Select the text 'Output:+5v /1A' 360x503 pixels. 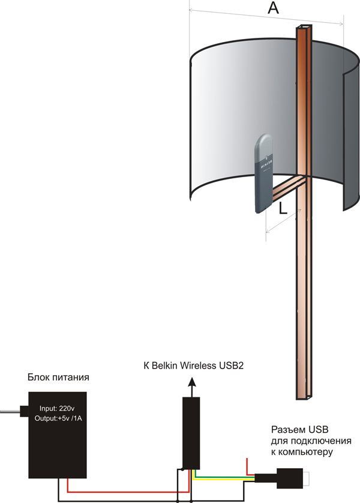point(59,416)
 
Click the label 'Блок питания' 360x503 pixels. point(59,378)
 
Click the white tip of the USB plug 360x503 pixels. point(307,479)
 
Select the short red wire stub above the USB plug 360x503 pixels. point(247,465)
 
